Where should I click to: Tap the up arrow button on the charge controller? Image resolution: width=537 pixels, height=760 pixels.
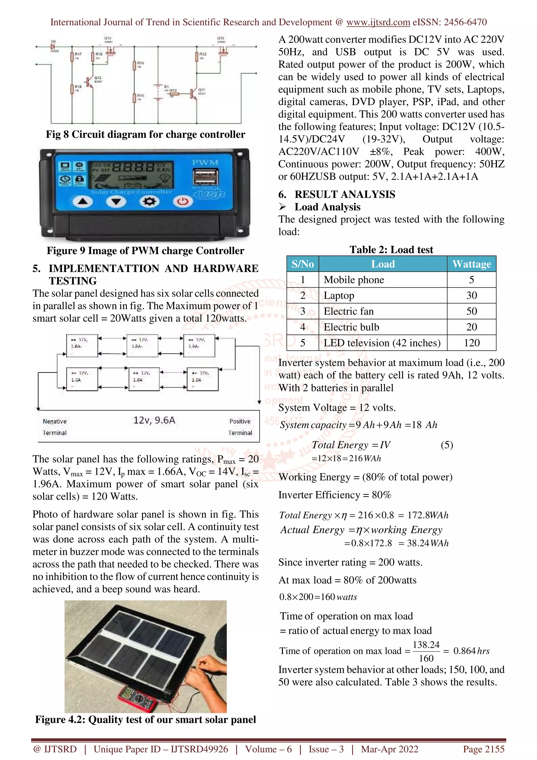(x=83, y=201)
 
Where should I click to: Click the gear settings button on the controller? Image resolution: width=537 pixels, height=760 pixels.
(x=149, y=201)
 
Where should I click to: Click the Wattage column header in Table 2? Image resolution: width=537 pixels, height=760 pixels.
(x=471, y=264)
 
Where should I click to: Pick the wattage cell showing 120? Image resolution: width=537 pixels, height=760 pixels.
(x=471, y=342)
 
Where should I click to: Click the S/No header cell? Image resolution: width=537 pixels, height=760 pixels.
(x=302, y=264)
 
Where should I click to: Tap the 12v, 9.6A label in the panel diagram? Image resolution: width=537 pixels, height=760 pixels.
(x=154, y=420)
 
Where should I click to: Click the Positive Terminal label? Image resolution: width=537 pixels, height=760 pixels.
(x=240, y=427)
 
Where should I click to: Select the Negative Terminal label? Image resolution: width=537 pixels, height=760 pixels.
(x=55, y=427)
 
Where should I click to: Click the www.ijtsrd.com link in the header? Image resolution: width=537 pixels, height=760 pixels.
(x=378, y=22)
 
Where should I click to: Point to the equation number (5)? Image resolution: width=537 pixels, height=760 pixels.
(x=447, y=445)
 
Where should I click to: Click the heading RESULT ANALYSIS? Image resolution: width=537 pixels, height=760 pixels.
(x=345, y=194)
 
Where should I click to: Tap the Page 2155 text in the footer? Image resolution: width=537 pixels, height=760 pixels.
(x=484, y=749)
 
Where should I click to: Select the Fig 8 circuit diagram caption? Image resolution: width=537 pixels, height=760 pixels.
(x=145, y=134)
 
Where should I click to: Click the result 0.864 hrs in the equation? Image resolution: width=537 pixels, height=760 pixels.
(x=471, y=651)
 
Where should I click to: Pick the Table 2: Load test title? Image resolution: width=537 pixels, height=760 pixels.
(x=391, y=250)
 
